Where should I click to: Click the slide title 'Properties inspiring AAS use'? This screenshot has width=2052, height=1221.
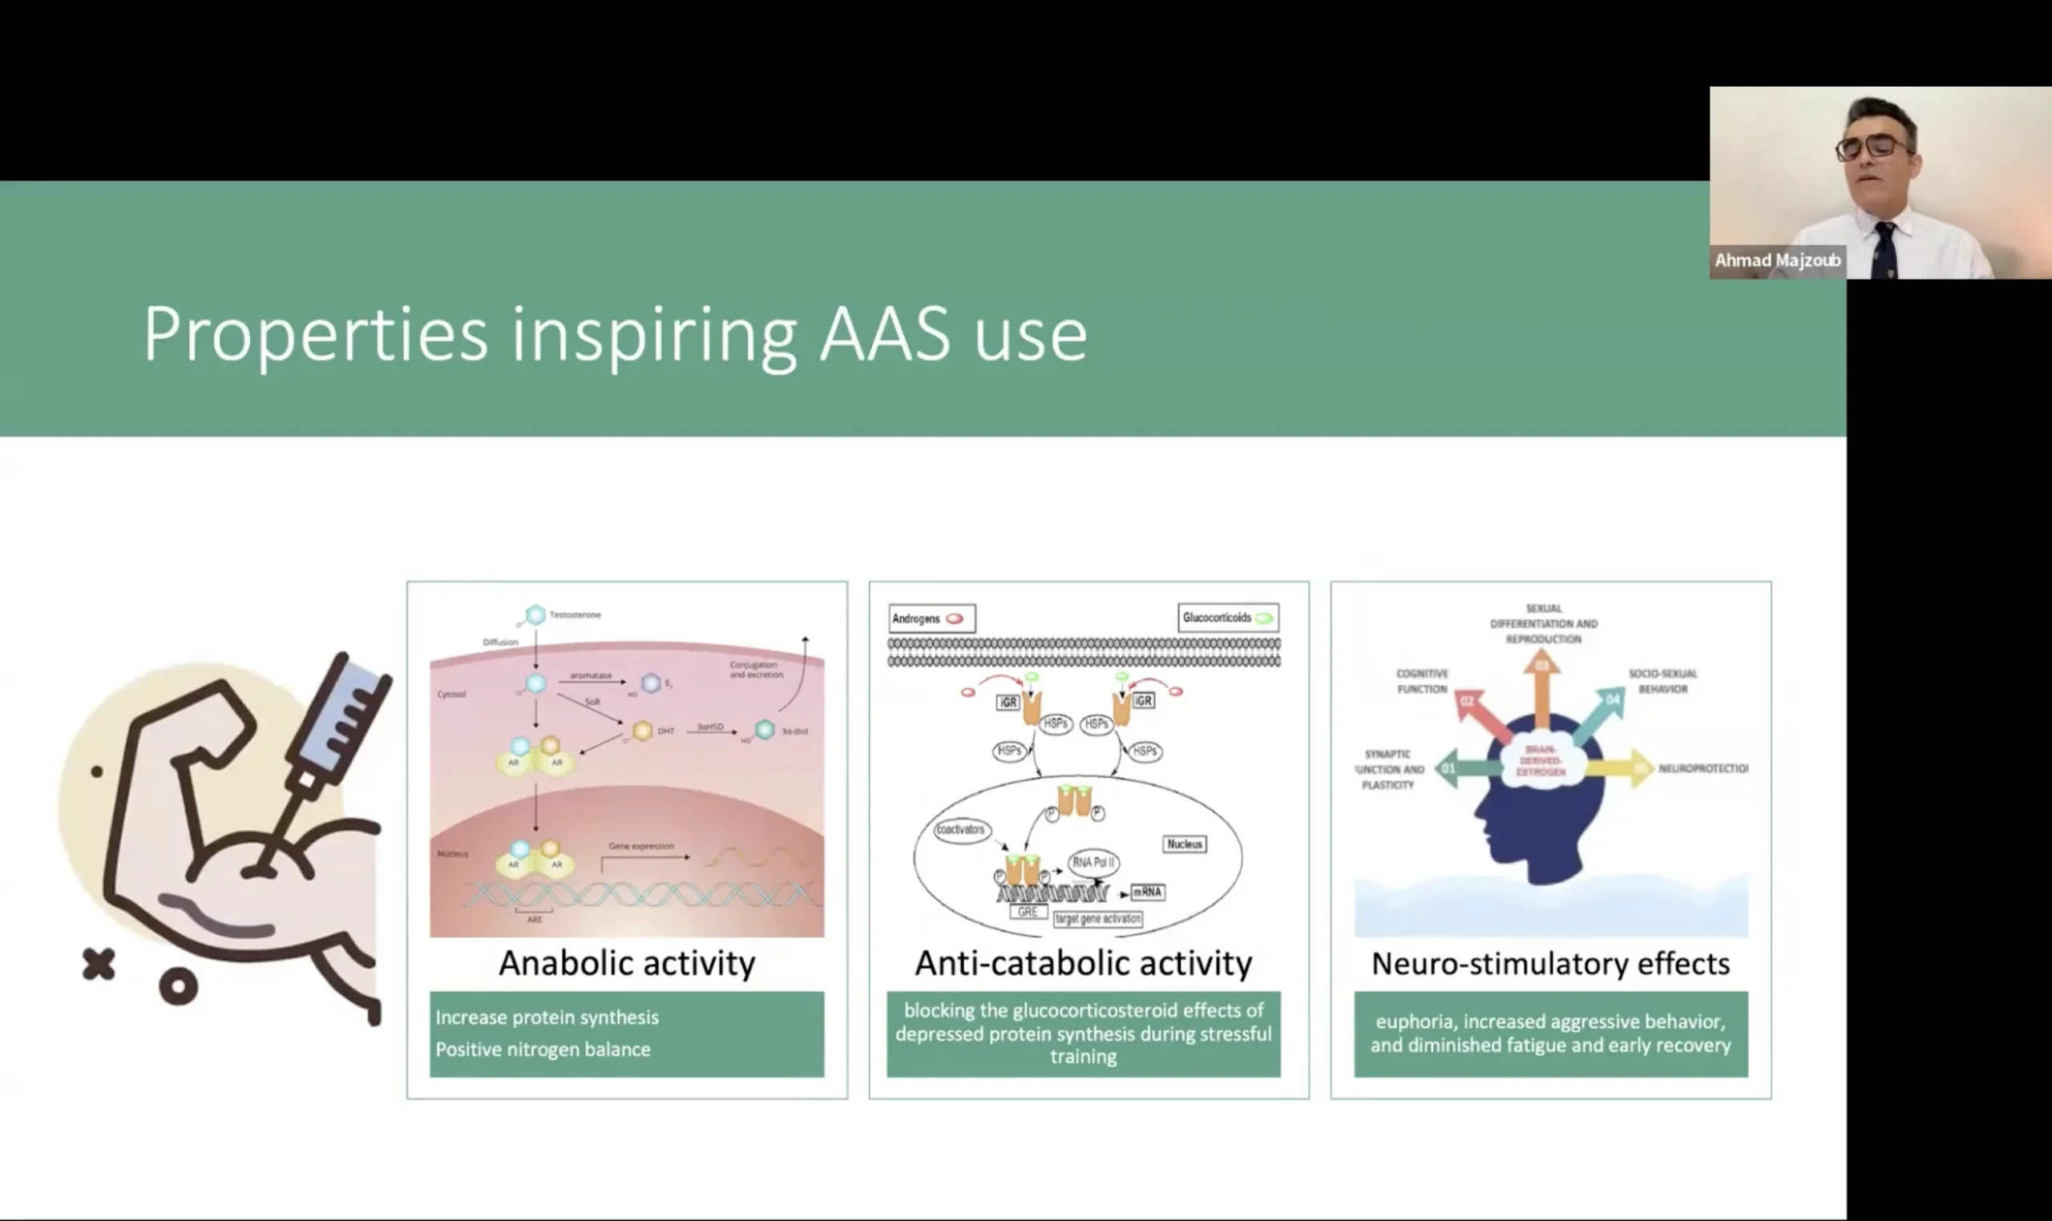pyautogui.click(x=615, y=334)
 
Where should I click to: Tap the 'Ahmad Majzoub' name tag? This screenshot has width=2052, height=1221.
pyautogui.click(x=1777, y=261)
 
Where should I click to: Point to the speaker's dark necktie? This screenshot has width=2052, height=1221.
pyautogui.click(x=1884, y=250)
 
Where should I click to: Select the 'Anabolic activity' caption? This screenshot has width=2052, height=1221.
pyautogui.click(x=626, y=964)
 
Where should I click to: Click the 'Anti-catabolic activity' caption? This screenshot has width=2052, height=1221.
pyautogui.click(x=1083, y=964)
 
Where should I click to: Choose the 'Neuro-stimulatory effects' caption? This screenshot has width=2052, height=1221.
pyautogui.click(x=1550, y=964)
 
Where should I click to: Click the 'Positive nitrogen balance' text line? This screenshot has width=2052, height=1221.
pyautogui.click(x=543, y=1050)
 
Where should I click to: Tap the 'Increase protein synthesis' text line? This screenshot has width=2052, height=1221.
pyautogui.click(x=547, y=1017)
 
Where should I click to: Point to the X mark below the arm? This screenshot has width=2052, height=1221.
pyautogui.click(x=99, y=964)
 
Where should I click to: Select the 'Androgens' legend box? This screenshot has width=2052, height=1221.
pyautogui.click(x=931, y=619)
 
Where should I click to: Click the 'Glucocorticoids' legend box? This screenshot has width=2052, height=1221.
pyautogui.click(x=1227, y=618)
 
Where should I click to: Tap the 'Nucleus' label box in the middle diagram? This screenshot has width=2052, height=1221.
pyautogui.click(x=1185, y=844)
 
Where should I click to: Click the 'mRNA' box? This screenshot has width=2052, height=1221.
pyautogui.click(x=1146, y=892)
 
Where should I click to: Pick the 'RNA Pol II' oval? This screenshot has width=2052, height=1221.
pyautogui.click(x=1093, y=862)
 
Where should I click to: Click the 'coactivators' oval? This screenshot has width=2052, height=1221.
pyautogui.click(x=960, y=829)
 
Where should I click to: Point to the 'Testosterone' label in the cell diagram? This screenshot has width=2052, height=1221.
pyautogui.click(x=575, y=615)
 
